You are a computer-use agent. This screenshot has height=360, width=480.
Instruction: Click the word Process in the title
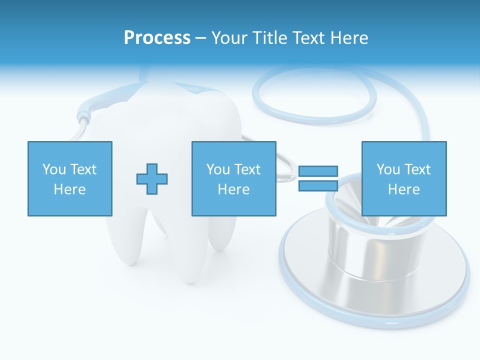157,38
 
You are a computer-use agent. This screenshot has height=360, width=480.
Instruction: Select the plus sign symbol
152,178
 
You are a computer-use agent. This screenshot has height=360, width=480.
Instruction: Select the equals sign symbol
318,178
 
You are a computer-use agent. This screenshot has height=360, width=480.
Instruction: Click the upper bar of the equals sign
318,171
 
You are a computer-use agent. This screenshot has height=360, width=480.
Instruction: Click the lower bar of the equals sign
318,186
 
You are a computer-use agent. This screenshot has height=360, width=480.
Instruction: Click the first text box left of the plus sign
69,178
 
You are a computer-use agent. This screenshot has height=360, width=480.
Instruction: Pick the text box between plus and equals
233,178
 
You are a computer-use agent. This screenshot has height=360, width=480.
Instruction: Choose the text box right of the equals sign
403,178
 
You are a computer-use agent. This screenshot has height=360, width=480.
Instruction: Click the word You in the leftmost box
54,169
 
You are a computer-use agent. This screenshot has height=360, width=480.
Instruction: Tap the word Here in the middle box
233,189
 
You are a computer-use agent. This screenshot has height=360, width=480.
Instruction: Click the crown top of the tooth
165,100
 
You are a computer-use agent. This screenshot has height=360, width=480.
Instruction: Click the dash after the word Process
200,38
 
